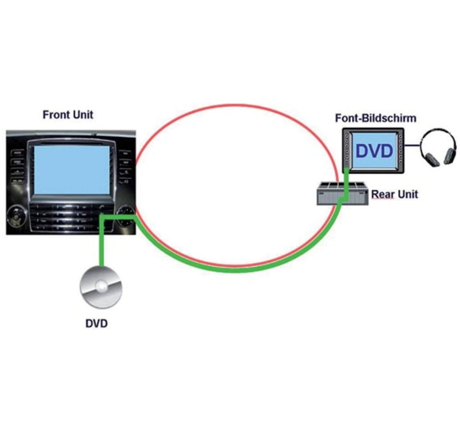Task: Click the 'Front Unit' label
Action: (x=68, y=115)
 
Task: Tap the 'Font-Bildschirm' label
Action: (x=376, y=118)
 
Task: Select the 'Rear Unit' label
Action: (x=395, y=194)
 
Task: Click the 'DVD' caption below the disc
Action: (x=97, y=323)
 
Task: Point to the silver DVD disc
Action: (x=101, y=287)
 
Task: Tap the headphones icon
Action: (x=438, y=147)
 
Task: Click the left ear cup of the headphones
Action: (x=430, y=160)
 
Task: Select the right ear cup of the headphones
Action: (x=450, y=156)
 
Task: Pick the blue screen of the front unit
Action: (x=72, y=170)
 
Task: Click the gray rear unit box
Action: (x=342, y=194)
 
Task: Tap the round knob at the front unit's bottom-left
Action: (x=16, y=217)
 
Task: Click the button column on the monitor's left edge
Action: (x=347, y=149)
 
